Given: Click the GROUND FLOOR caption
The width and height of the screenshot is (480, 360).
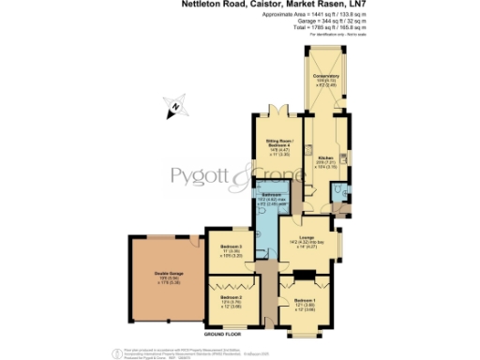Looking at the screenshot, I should point(222,334).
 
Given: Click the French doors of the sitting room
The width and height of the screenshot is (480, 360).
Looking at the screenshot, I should point(277,112).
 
